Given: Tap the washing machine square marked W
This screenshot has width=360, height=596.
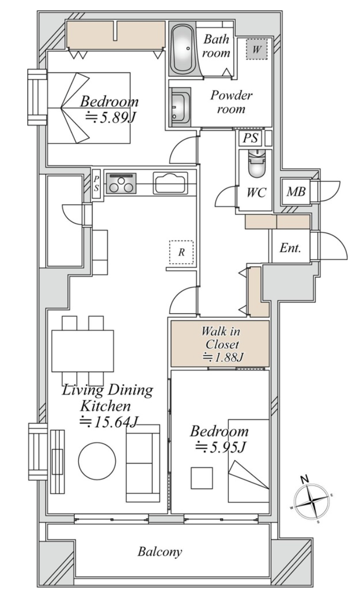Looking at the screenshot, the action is (257, 49).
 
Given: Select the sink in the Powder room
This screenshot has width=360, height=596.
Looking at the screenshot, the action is (180, 107).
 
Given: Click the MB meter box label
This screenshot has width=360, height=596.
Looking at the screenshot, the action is (296, 191).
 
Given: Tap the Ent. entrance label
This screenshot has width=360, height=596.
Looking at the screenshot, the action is (290, 248).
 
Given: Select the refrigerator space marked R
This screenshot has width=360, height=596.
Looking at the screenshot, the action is (181, 252).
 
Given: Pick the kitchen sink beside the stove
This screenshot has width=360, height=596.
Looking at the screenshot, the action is (171, 182).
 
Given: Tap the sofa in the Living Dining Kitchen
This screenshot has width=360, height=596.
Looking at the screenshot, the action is (143, 463).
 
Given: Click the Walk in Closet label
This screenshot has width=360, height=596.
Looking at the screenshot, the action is (221, 338).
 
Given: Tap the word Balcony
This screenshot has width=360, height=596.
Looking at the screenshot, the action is (160, 552).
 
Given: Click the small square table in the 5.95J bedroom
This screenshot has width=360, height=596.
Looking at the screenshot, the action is (201, 478).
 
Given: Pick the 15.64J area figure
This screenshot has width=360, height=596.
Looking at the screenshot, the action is (108, 422).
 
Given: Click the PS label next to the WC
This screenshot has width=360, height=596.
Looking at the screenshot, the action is (250, 138).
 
